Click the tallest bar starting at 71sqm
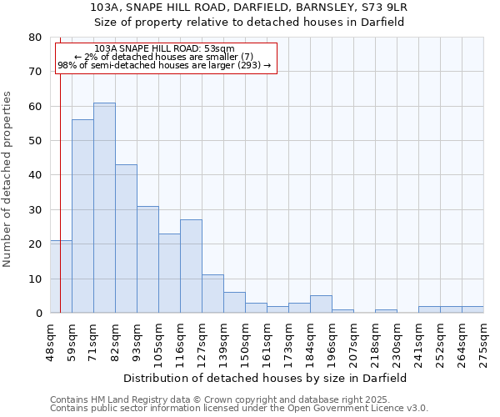point(104,208)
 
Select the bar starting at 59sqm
point(82,217)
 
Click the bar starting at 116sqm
point(191,267)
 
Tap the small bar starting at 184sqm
point(321,304)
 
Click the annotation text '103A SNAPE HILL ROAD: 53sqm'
point(164,49)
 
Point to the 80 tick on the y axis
point(35,38)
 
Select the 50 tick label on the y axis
point(35,141)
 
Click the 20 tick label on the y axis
point(35,244)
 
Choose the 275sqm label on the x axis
point(483,340)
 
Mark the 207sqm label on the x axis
point(353,340)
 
